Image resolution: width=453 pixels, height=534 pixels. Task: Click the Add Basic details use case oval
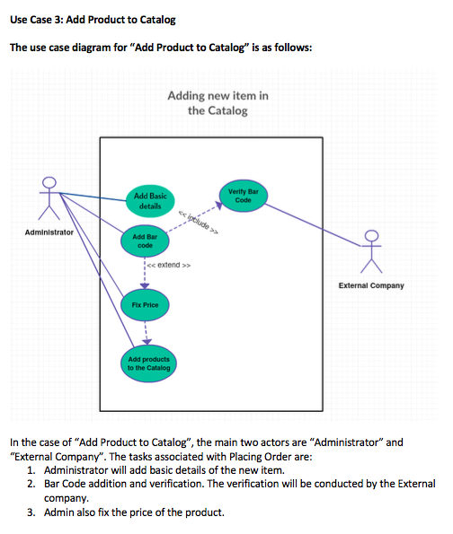pyautogui.click(x=147, y=200)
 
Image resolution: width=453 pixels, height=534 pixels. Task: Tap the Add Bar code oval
pyautogui.click(x=146, y=241)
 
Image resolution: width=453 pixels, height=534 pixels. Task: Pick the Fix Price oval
pyautogui.click(x=146, y=305)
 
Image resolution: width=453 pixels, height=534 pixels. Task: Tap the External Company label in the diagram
pyautogui.click(x=371, y=285)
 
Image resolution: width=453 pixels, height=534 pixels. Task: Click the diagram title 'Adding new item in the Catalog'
pyautogui.click(x=218, y=103)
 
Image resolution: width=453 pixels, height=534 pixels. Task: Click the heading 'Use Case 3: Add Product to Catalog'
pyautogui.click(x=93, y=20)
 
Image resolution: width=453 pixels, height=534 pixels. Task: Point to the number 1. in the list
pyautogui.click(x=31, y=471)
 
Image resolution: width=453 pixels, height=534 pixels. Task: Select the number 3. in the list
pyautogui.click(x=31, y=512)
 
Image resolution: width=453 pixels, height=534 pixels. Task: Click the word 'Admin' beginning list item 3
pyautogui.click(x=61, y=512)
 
